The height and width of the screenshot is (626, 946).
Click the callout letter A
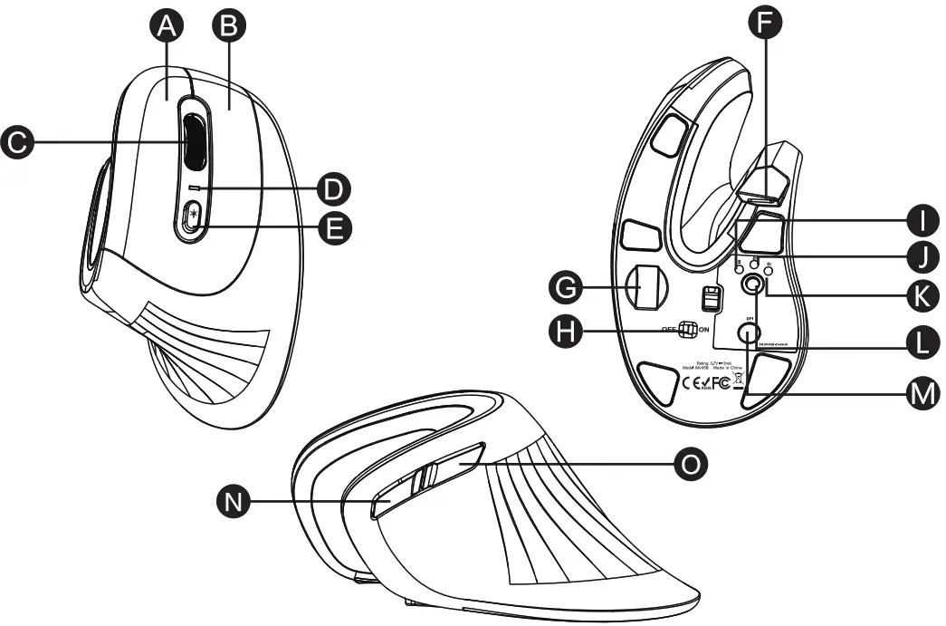coord(165,28)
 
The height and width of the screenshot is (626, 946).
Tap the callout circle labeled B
coord(228,28)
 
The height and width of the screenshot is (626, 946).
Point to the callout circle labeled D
coord(335,189)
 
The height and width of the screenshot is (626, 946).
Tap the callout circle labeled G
coord(567,289)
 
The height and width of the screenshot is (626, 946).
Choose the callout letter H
coord(567,332)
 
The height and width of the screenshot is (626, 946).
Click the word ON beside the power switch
coord(703,331)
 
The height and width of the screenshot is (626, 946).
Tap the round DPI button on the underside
coord(748,332)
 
